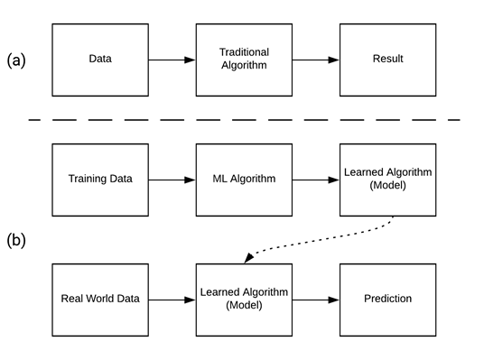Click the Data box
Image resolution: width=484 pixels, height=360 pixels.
tap(100, 60)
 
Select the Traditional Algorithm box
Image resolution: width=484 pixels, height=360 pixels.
tap(244, 60)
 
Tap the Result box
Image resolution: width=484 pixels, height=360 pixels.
tap(387, 60)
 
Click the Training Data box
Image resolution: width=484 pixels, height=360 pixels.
tap(100, 179)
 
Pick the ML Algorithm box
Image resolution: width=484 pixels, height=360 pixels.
tap(244, 179)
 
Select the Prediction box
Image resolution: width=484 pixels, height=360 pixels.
tap(387, 299)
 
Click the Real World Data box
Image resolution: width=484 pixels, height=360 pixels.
tap(100, 299)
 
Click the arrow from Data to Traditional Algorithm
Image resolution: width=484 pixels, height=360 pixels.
tap(172, 60)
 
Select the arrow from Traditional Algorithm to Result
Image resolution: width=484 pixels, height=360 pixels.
tap(315, 60)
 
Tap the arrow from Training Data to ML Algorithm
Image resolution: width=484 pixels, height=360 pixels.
tap(172, 179)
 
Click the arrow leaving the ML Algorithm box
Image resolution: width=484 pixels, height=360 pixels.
tap(315, 179)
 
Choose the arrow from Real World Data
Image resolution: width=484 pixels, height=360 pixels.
tap(172, 299)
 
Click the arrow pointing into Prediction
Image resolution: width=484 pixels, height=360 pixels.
tap(315, 299)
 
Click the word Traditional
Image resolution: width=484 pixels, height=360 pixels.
tap(244, 53)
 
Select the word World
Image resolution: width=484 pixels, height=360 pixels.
tap(101, 299)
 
